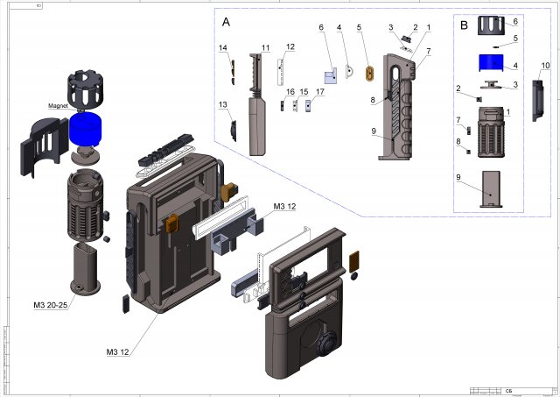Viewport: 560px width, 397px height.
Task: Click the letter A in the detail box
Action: tap(227, 20)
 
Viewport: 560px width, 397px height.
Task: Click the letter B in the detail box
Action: tap(463, 25)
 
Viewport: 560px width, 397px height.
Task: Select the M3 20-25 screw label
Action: tap(49, 305)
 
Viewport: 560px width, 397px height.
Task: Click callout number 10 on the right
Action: tap(545, 66)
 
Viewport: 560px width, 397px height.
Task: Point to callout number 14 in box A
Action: tap(222, 47)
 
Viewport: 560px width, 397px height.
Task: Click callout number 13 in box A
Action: tap(222, 105)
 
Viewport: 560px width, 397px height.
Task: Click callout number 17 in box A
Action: tap(320, 91)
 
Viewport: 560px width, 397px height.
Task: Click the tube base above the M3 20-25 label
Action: tap(86, 266)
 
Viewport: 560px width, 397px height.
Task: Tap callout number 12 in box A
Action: tap(290, 47)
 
